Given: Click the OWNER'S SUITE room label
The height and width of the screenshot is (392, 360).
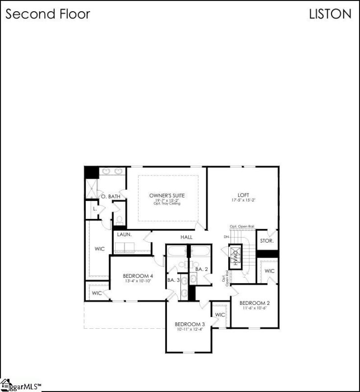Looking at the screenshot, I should pos(167,196).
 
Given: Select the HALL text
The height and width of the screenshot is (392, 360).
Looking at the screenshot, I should pos(187,237).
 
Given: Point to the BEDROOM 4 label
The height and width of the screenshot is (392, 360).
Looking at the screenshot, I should pos(138,276).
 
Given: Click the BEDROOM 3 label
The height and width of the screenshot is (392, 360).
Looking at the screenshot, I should pos(190,324).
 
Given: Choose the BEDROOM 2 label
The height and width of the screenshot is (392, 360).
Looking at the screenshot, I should pos(255,303).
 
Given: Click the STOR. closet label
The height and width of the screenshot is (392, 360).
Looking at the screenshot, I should pos(266,241).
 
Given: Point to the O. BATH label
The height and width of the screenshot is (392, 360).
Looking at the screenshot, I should pos(111,197).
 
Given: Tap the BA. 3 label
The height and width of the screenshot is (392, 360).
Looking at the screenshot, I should pos(174,280).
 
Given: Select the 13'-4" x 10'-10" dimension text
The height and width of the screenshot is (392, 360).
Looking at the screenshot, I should pos(138,281).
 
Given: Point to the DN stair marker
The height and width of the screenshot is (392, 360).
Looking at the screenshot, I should pos(226,238).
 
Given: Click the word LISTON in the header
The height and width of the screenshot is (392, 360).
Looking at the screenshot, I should pos(330,14).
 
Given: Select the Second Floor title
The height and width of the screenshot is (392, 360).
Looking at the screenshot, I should pos(48,14).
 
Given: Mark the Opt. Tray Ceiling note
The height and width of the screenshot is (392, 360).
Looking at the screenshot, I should pos(167,203).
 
